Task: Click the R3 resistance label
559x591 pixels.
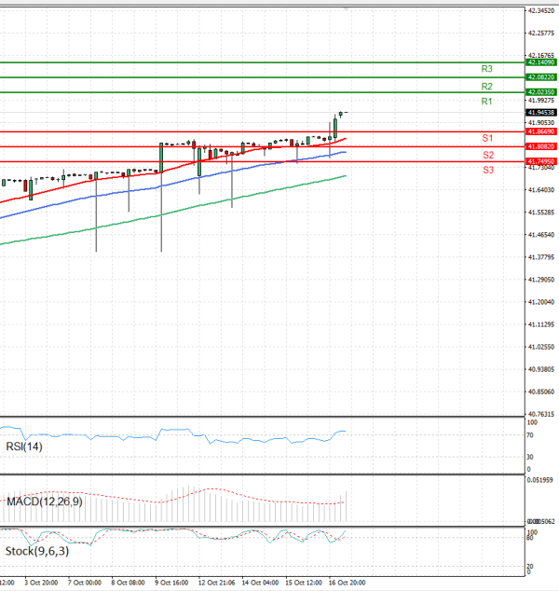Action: [x=486, y=69]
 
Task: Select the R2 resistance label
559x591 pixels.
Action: [x=486, y=86]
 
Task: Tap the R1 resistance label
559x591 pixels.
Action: [x=486, y=101]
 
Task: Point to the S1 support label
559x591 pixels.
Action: [x=487, y=138]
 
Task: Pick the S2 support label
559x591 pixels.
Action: [x=487, y=155]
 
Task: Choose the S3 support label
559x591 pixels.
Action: [x=487, y=171]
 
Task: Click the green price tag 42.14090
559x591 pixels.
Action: [x=540, y=62]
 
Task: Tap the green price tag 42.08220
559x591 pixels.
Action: [x=540, y=77]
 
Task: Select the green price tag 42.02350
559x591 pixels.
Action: [x=540, y=92]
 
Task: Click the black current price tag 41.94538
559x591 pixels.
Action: [x=540, y=112]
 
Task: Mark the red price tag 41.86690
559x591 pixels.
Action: [x=540, y=131]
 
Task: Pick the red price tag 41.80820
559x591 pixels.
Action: [x=540, y=146]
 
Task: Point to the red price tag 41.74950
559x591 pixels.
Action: [x=540, y=161]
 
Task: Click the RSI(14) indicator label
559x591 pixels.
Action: [x=25, y=447]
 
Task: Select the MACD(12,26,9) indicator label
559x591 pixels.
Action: [x=44, y=502]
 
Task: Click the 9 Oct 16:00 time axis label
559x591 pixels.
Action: [x=170, y=583]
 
